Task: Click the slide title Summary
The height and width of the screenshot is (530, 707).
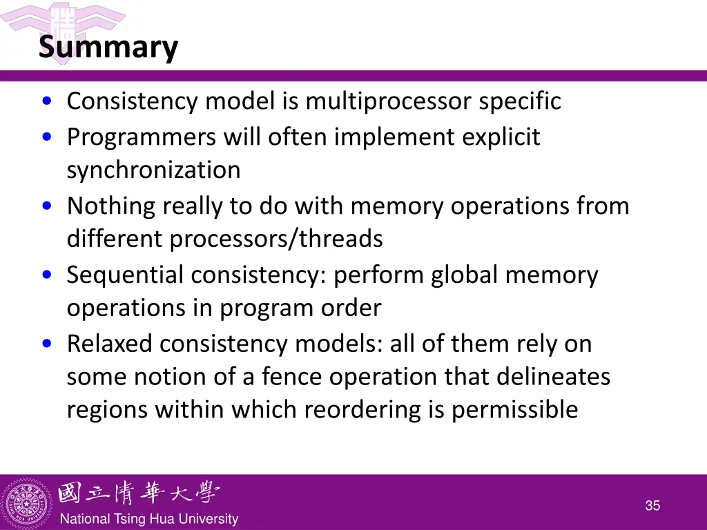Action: [x=108, y=48]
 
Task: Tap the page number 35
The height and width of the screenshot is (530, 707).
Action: [x=652, y=506]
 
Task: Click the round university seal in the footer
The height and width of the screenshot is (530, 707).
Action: [x=28, y=502]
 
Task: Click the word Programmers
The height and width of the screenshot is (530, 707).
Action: [x=142, y=137]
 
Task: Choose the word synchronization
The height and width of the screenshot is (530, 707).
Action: [x=153, y=170]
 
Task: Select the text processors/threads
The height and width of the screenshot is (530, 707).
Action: [x=276, y=239]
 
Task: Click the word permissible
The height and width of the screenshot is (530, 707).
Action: [x=514, y=410]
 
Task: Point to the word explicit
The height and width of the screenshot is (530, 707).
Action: [x=501, y=137]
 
